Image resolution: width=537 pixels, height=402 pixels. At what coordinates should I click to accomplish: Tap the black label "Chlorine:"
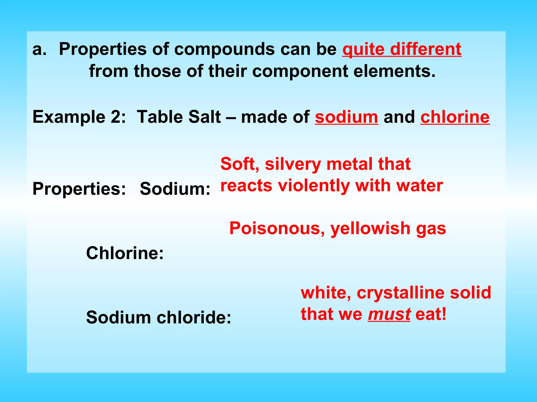pyautogui.click(x=125, y=253)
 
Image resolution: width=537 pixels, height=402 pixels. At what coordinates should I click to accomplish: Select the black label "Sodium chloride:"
pyautogui.click(x=159, y=317)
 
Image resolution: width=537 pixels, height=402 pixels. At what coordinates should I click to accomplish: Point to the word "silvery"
pyautogui.click(x=293, y=164)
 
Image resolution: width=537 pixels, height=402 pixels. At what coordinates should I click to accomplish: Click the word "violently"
pyautogui.click(x=314, y=186)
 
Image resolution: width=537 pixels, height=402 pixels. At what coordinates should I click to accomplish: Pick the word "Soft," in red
pyautogui.click(x=240, y=164)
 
